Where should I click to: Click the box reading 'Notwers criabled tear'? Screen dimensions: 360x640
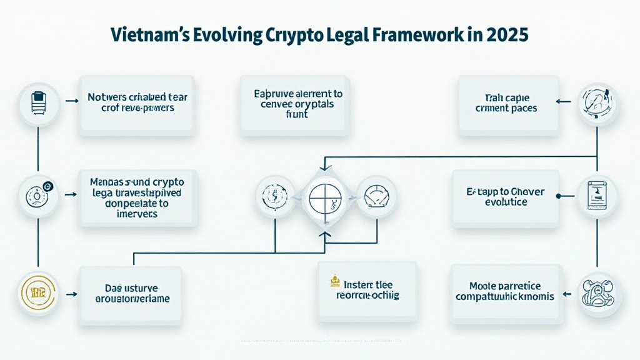tap(136, 104)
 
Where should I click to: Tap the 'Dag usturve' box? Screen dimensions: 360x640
tap(130, 293)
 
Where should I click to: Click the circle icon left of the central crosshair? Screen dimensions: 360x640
tap(276, 196)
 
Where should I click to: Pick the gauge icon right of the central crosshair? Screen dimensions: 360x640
tap(375, 196)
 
